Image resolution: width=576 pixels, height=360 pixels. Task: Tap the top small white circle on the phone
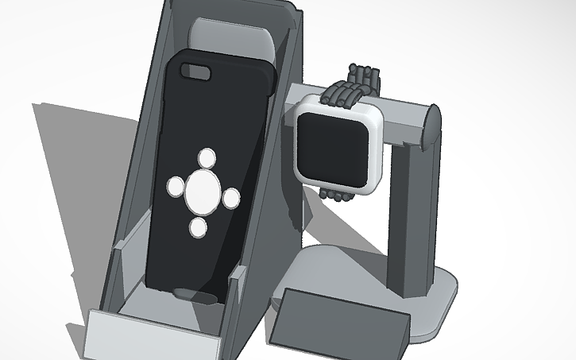point(207,157)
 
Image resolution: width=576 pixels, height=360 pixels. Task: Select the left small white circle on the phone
point(175,187)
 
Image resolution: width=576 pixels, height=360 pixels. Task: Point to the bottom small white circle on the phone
point(199,228)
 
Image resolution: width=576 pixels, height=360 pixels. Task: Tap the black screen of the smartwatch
point(336,144)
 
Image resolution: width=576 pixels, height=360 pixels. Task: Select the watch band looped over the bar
point(356,86)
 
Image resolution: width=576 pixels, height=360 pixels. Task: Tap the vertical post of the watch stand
point(413,215)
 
